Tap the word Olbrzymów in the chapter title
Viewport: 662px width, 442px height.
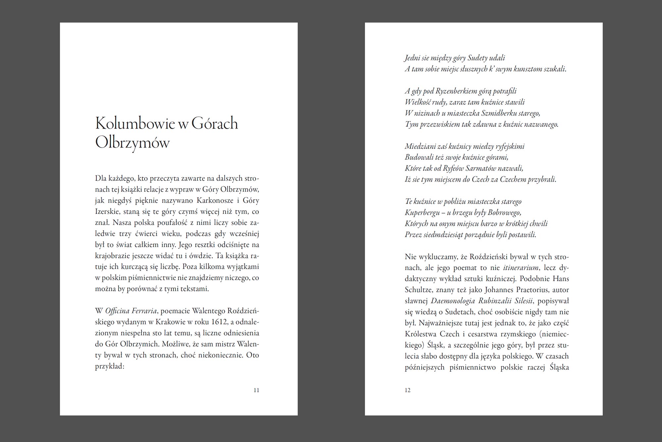(x=132, y=143)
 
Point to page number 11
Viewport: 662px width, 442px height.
(x=256, y=390)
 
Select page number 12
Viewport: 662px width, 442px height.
(x=408, y=390)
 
